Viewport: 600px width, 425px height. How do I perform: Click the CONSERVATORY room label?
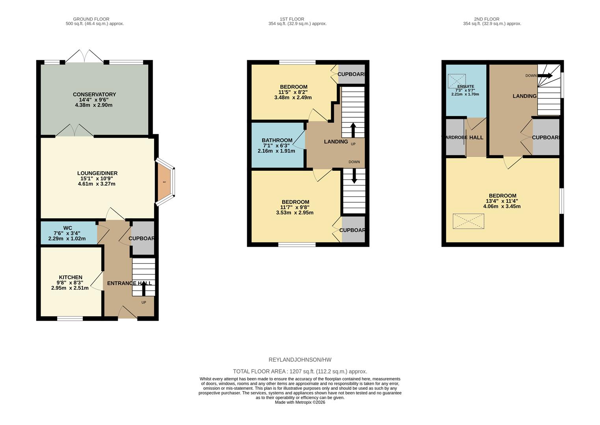94,94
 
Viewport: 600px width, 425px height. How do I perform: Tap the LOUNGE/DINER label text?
97,173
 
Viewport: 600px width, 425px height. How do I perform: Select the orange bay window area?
164,182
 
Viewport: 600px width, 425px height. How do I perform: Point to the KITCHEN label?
71,277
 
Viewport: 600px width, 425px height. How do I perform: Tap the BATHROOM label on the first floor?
277,140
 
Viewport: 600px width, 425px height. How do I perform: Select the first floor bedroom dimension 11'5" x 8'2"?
293,92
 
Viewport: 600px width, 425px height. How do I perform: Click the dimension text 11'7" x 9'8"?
294,207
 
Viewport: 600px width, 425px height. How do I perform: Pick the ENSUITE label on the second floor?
466,86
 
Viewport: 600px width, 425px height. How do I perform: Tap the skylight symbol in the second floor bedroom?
468,221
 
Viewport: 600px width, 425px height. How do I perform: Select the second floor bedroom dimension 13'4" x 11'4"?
502,201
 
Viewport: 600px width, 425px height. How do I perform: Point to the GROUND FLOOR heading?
91,19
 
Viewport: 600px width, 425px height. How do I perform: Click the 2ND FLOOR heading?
486,19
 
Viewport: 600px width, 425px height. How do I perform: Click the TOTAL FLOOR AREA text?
300,371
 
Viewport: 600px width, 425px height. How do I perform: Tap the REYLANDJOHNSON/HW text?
300,360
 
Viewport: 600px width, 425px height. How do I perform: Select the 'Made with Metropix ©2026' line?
300,402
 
